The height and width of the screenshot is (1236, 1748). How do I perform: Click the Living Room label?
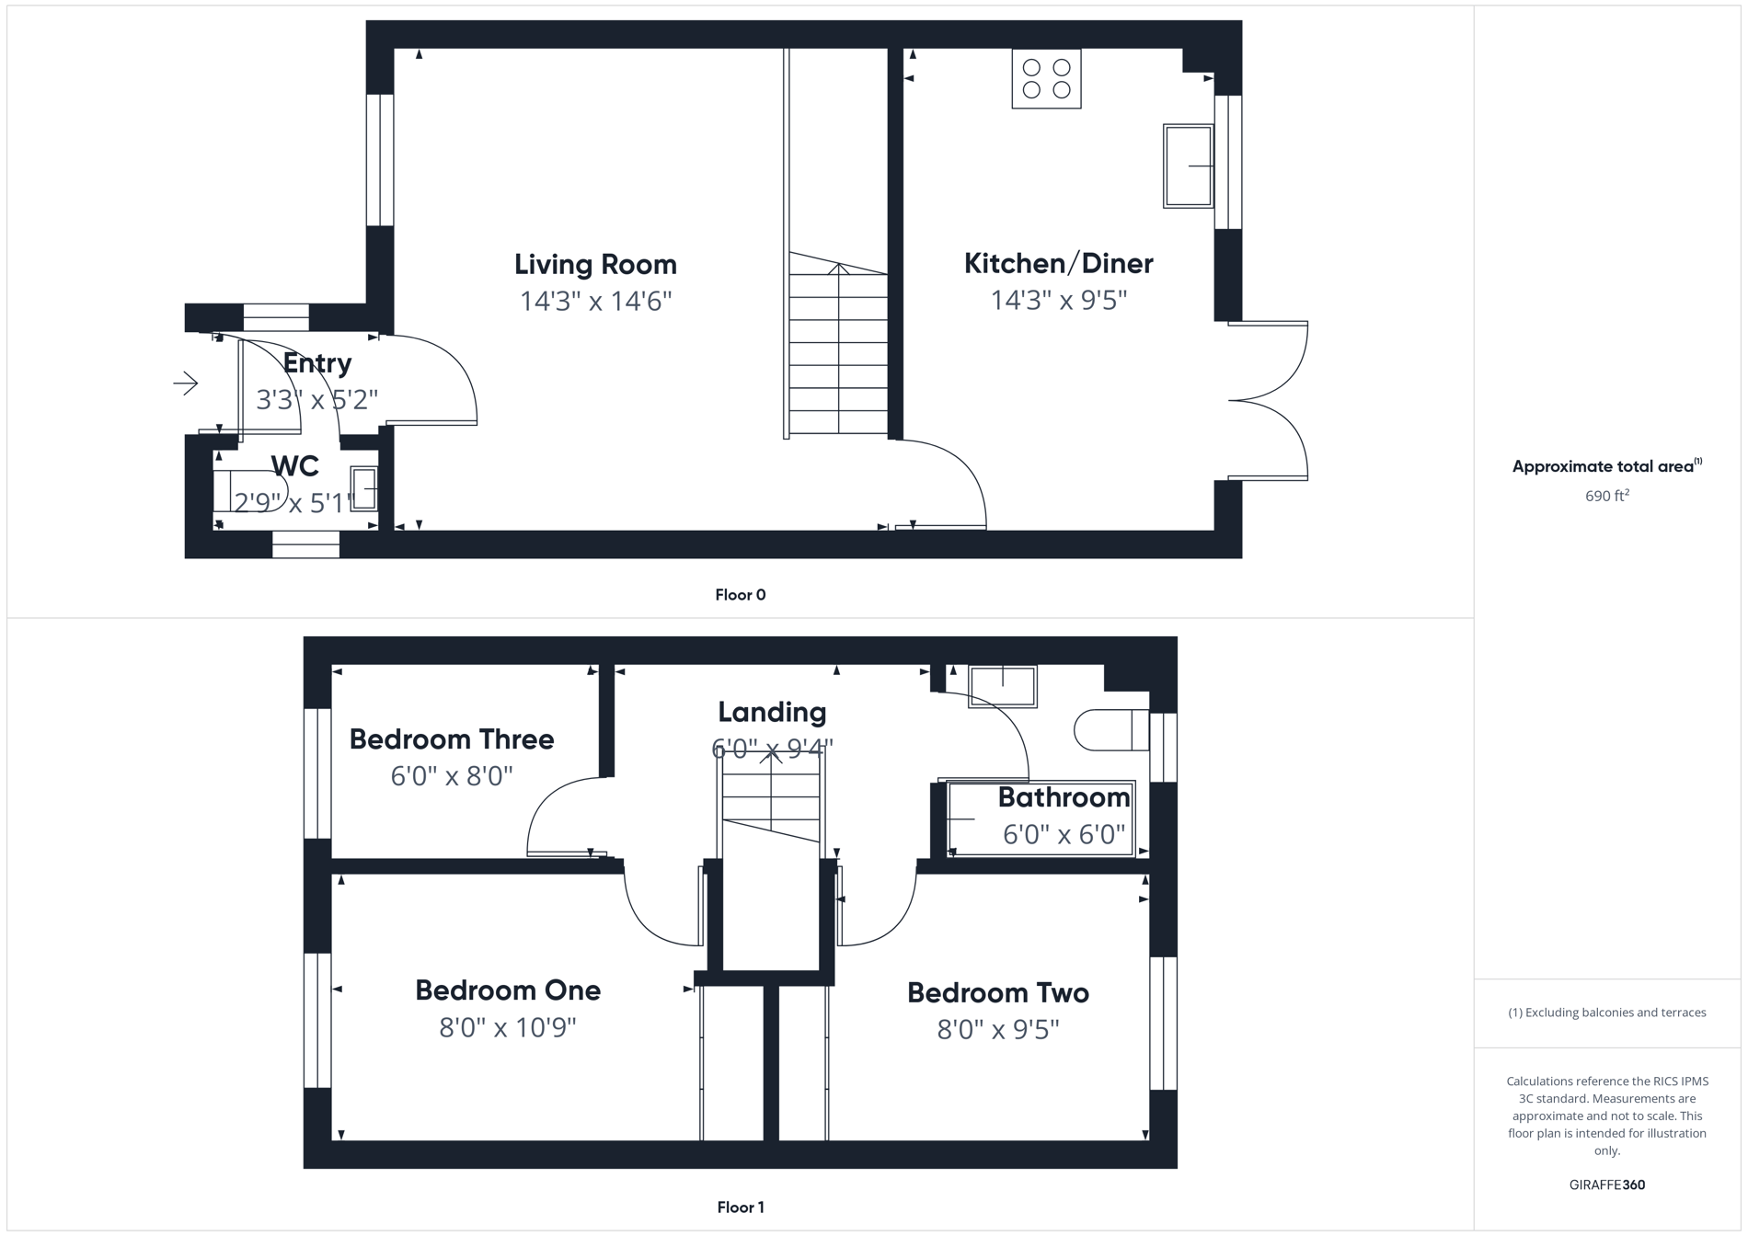[x=595, y=265]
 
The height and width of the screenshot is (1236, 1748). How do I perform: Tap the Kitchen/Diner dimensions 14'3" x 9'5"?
[x=1058, y=301]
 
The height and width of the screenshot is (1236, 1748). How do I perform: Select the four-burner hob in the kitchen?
[x=1046, y=79]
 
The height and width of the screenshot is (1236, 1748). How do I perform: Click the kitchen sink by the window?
[x=1188, y=166]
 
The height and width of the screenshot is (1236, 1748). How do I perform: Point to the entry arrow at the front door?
[x=186, y=383]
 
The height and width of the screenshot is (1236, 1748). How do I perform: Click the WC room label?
[x=294, y=466]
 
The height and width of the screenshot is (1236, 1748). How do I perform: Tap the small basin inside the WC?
[x=363, y=488]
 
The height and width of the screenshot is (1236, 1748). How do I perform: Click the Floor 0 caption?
[x=740, y=595]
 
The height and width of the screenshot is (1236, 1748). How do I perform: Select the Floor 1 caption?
[x=740, y=1207]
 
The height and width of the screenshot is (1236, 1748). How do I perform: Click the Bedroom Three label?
[x=451, y=739]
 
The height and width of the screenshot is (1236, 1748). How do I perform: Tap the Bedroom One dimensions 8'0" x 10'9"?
[x=507, y=1027]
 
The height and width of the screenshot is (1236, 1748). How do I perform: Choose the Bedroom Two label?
[x=997, y=993]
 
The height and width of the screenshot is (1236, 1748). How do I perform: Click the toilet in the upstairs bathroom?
[x=1110, y=730]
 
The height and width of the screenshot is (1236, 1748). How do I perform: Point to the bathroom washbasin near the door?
[x=1003, y=686]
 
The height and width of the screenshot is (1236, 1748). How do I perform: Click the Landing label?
[x=771, y=712]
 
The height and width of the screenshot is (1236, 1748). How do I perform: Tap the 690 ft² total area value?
[x=1606, y=497]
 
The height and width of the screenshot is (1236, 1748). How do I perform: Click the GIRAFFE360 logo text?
[x=1606, y=1184]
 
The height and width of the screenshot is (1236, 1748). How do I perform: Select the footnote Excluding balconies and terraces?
[x=1606, y=1013]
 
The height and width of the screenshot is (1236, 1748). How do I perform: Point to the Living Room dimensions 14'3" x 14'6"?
[x=595, y=302]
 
